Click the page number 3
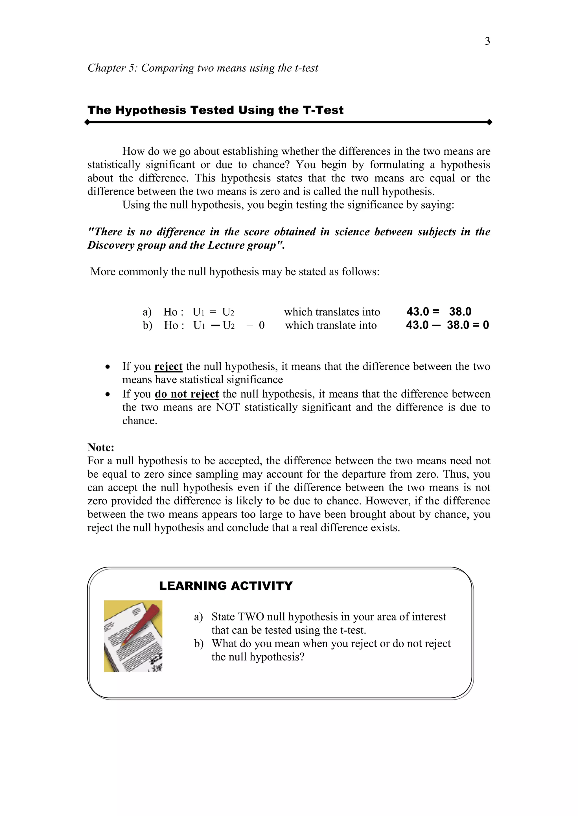tap(487, 41)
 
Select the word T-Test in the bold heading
tap(323, 110)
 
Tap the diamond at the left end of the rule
tap(87, 122)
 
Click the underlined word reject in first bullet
tap(168, 366)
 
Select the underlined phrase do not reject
tap(187, 394)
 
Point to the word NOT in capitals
tap(228, 407)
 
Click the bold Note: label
tap(101, 447)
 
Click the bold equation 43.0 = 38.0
tap(439, 312)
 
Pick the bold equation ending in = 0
tap(447, 325)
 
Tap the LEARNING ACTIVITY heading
tap(226, 586)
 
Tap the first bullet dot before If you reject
tap(108, 367)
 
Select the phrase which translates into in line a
tap(332, 312)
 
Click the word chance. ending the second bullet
tap(139, 421)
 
